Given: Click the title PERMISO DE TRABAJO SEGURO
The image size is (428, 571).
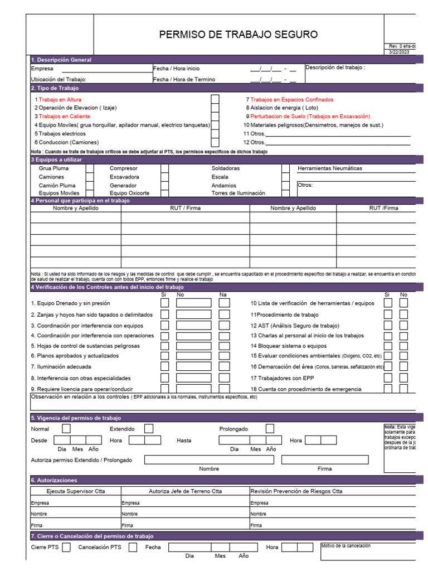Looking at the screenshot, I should pyautogui.click(x=239, y=35).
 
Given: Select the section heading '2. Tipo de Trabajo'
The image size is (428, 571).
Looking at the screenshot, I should pyautogui.click(x=55, y=88).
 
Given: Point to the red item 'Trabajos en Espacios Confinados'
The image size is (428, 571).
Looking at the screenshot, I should pyautogui.click(x=292, y=99).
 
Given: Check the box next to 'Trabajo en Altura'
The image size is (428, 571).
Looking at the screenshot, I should pyautogui.click(x=215, y=100).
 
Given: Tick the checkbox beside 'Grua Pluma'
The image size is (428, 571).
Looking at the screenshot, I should pyautogui.click(x=90, y=168).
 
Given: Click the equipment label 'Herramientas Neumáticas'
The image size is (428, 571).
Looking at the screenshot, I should pyautogui.click(x=329, y=168).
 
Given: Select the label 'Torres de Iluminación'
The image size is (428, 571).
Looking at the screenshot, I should pyautogui.click(x=238, y=193).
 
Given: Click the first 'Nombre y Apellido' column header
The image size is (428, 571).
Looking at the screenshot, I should pyautogui.click(x=75, y=208).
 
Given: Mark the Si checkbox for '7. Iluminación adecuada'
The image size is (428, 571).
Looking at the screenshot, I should pyautogui.click(x=164, y=367).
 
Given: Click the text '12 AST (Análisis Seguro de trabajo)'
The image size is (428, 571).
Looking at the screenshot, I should pyautogui.click(x=295, y=325).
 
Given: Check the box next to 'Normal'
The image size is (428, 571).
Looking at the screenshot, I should pyautogui.click(x=66, y=429).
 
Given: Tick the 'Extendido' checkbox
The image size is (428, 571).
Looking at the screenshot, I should pyautogui.click(x=149, y=429).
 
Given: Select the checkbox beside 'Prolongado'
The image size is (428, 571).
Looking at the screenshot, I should pyautogui.click(x=270, y=429).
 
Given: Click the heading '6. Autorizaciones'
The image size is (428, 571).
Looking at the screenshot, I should pyautogui.click(x=54, y=480).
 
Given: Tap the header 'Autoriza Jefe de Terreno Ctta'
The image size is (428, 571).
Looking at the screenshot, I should pyautogui.click(x=185, y=491).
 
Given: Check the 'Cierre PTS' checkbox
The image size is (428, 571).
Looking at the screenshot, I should pyautogui.click(x=66, y=548).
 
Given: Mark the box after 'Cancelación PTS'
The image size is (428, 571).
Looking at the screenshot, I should pyautogui.click(x=133, y=548).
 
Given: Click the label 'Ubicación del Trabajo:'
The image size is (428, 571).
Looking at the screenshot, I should pyautogui.click(x=59, y=79).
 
